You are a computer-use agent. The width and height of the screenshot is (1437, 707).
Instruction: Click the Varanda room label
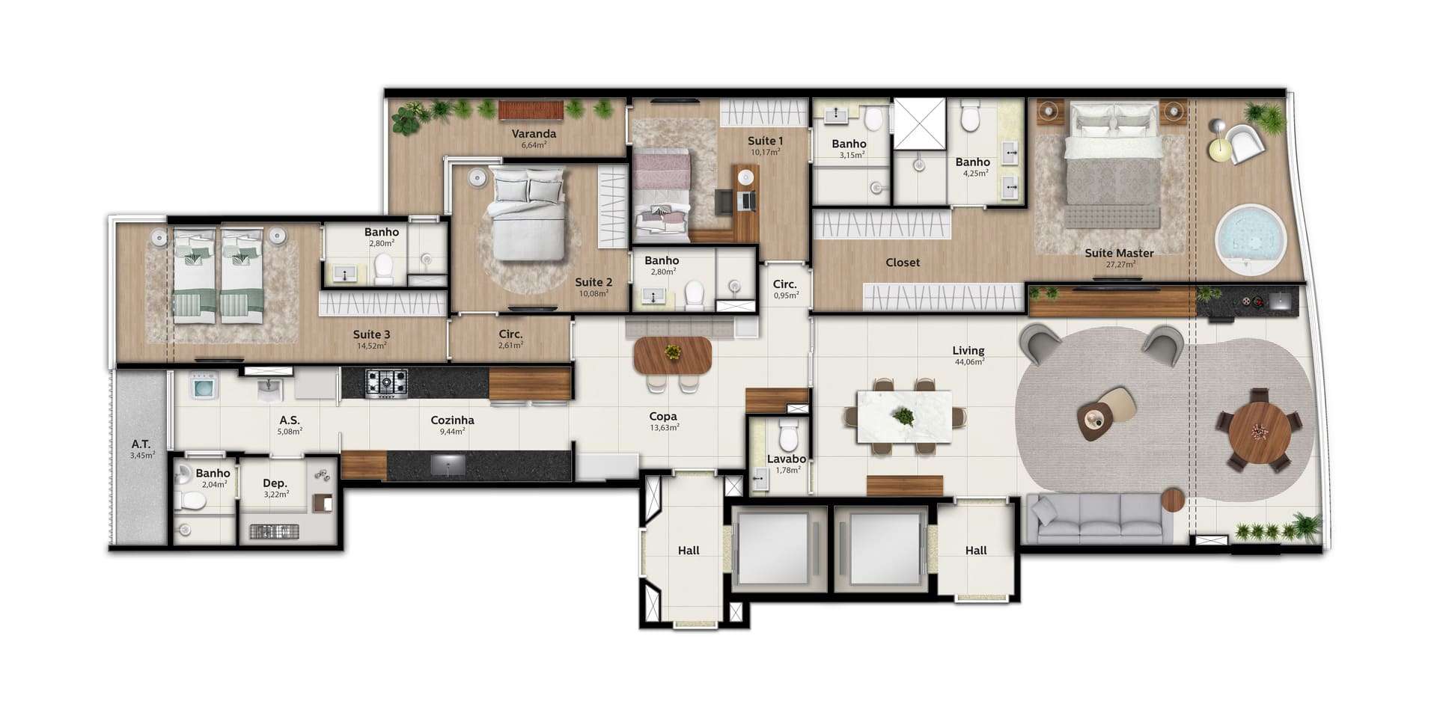tap(534, 134)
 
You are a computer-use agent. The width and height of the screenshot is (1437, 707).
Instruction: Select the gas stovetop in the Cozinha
tap(386, 383)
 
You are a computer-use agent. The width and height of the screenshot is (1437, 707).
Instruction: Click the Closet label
tap(903, 263)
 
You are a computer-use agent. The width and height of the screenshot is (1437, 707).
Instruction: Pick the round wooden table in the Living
tap(1260, 432)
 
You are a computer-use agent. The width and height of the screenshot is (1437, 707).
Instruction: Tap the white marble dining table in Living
tap(905, 416)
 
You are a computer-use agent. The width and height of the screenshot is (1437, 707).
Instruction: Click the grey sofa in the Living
tap(1099, 518)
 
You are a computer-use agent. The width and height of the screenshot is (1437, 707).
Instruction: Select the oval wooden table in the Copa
tap(672, 355)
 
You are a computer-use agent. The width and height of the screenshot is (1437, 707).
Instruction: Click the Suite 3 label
tap(371, 334)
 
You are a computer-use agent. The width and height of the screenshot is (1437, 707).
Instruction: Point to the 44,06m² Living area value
tap(968, 362)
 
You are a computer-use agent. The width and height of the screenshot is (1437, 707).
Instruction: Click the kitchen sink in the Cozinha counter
tap(448, 465)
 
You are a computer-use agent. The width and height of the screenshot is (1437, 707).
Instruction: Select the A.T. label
tap(141, 444)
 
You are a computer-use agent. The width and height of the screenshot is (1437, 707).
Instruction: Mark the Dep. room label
tap(275, 483)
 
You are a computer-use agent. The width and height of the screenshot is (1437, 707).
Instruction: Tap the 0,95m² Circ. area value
tap(785, 296)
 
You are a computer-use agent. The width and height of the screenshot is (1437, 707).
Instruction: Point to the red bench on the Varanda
tap(531, 110)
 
